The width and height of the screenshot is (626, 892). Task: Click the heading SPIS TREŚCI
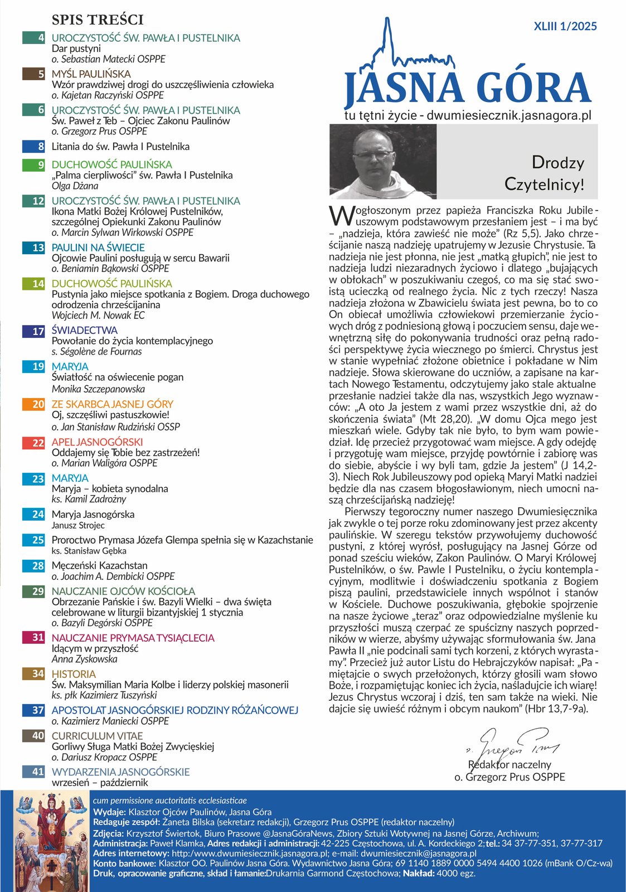(x=98, y=20)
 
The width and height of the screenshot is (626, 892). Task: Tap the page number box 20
(x=34, y=404)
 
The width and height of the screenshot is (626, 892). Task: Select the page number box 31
(x=34, y=637)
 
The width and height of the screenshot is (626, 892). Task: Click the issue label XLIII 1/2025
(x=565, y=26)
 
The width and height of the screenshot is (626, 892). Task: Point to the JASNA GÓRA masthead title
(x=467, y=88)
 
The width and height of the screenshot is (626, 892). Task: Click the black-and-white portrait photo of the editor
(x=383, y=162)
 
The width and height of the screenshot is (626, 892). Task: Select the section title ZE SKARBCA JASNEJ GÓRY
(x=112, y=404)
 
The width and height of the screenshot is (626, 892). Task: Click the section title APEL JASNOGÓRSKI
(x=97, y=442)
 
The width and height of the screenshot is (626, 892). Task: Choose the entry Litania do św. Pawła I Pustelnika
(x=120, y=147)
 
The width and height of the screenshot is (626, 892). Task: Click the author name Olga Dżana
(x=75, y=186)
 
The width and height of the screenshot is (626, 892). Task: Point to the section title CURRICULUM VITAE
(x=97, y=736)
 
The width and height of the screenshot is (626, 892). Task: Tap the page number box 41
(x=34, y=772)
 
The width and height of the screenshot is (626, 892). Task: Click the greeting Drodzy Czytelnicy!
(x=544, y=173)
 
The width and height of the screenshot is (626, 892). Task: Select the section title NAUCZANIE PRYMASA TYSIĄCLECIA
(x=133, y=638)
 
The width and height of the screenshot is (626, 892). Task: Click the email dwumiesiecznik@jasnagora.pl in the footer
(x=418, y=854)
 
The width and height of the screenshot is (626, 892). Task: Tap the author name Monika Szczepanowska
(x=98, y=389)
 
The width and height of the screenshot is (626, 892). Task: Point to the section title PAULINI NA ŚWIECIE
(x=98, y=248)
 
